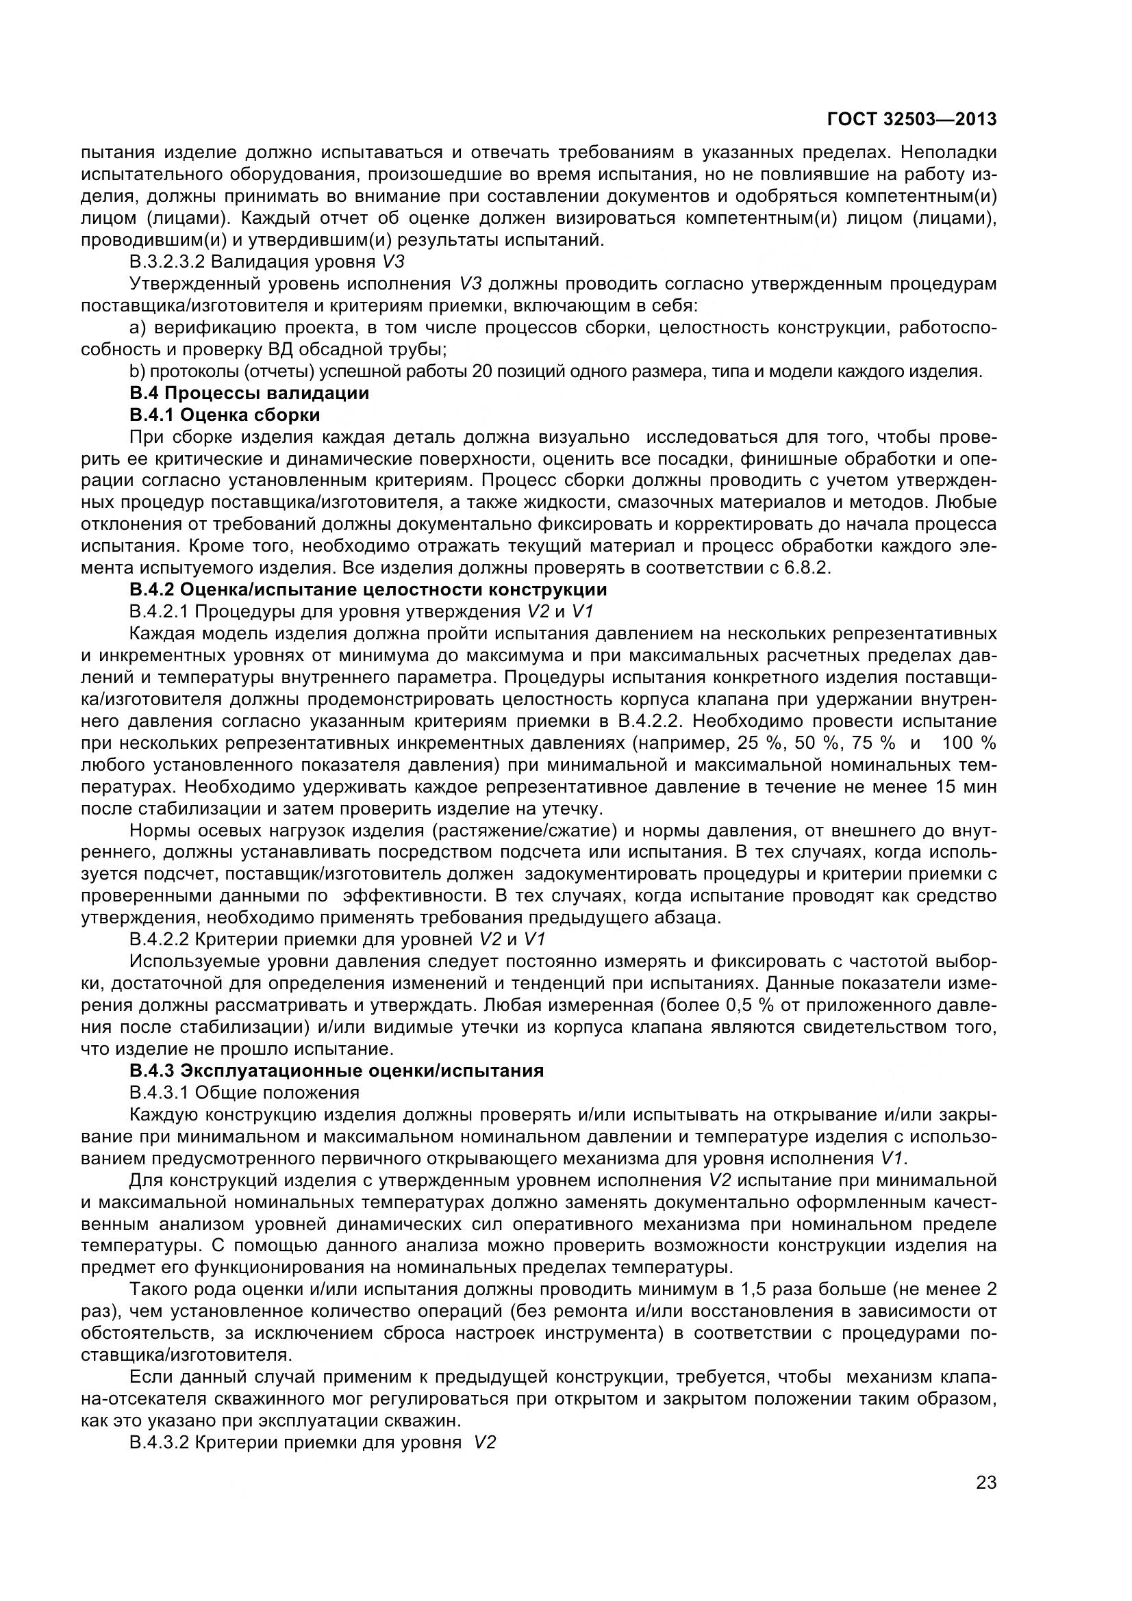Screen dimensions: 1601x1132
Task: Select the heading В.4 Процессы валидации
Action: point(249,394)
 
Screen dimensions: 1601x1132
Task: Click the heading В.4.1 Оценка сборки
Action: point(225,415)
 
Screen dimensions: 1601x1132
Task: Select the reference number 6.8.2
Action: point(807,567)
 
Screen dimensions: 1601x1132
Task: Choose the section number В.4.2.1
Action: point(160,611)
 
